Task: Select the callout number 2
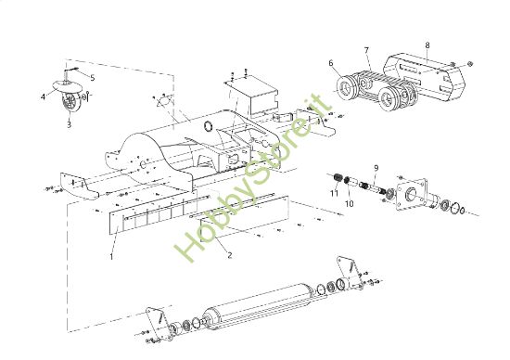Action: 229,254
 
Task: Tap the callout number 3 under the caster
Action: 68,123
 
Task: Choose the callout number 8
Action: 427,44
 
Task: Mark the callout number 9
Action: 376,168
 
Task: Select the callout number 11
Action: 334,192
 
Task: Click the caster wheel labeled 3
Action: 70,99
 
